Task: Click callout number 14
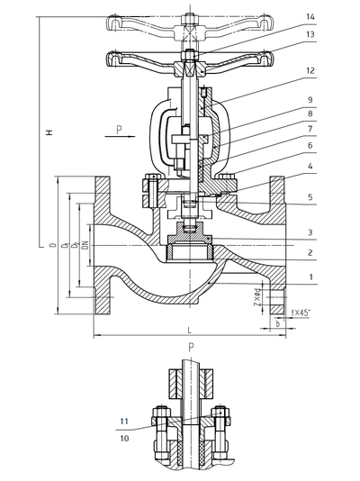pyautogui.click(x=310, y=16)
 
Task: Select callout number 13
pyautogui.click(x=310, y=35)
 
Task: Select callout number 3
pyautogui.click(x=310, y=232)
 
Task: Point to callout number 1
pyautogui.click(x=310, y=277)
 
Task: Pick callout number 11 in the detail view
pyautogui.click(x=124, y=421)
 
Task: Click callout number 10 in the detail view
pyautogui.click(x=124, y=438)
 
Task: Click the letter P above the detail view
pyautogui.click(x=191, y=348)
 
